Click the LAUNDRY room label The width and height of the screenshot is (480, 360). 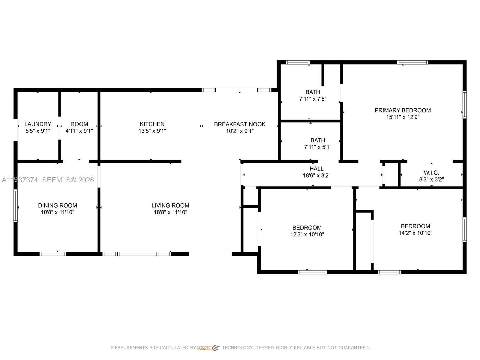(37, 124)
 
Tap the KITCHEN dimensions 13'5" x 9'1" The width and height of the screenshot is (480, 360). (152, 131)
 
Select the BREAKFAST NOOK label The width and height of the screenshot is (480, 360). (240, 124)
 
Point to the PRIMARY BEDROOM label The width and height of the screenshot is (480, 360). (402, 110)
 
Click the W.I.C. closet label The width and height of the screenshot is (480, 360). (431, 173)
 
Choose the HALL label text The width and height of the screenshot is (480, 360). (316, 169)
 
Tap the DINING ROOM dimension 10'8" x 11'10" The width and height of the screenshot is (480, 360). (58, 212)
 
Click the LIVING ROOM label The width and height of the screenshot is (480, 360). (170, 205)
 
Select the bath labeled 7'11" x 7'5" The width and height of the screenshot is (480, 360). (313, 95)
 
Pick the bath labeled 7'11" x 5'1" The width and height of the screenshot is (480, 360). (317, 143)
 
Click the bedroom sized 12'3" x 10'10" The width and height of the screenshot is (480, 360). (307, 231)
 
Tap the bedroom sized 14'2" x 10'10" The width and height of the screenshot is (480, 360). (415, 229)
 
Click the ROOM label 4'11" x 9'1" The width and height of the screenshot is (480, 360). (79, 127)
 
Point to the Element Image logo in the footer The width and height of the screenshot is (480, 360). (208, 348)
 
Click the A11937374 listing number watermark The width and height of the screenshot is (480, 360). (20, 180)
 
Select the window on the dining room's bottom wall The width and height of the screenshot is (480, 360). (53, 254)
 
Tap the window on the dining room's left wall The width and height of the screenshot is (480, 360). (16, 206)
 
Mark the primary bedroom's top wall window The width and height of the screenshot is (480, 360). (412, 62)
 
